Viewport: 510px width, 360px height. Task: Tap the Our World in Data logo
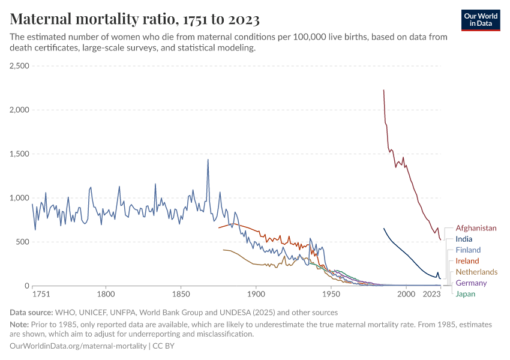pyautogui.click(x=481, y=20)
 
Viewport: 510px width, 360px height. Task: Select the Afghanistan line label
pyautogui.click(x=476, y=228)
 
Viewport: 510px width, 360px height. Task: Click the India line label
pyautogui.click(x=464, y=239)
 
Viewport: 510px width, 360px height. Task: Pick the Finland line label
pyautogui.click(x=468, y=250)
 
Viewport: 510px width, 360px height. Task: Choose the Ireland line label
pyautogui.click(x=467, y=261)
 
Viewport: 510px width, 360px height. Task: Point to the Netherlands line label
pyautogui.click(x=476, y=272)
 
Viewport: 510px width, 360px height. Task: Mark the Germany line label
pyautogui.click(x=471, y=283)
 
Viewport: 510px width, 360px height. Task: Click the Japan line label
pyautogui.click(x=465, y=293)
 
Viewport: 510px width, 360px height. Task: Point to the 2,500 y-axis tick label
pyautogui.click(x=19, y=66)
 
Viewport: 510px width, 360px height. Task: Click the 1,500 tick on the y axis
pyautogui.click(x=19, y=154)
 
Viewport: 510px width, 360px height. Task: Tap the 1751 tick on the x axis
pyautogui.click(x=41, y=295)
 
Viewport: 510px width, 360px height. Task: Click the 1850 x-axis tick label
pyautogui.click(x=181, y=295)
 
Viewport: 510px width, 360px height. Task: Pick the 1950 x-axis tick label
pyautogui.click(x=331, y=295)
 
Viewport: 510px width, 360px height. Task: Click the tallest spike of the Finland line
pyautogui.click(x=208, y=160)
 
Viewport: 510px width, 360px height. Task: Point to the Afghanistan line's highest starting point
pyautogui.click(x=383, y=90)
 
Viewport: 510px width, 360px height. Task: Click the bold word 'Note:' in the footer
pyautogui.click(x=21, y=325)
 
